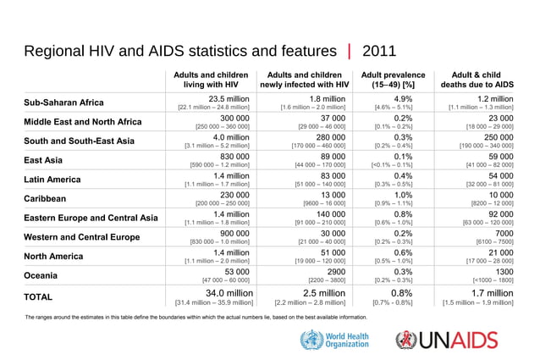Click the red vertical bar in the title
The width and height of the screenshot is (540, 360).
coord(348,50)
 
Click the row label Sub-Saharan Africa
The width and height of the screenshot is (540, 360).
coord(64,103)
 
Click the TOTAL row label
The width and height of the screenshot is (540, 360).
coord(39,297)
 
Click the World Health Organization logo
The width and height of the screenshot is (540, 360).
coord(335,341)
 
